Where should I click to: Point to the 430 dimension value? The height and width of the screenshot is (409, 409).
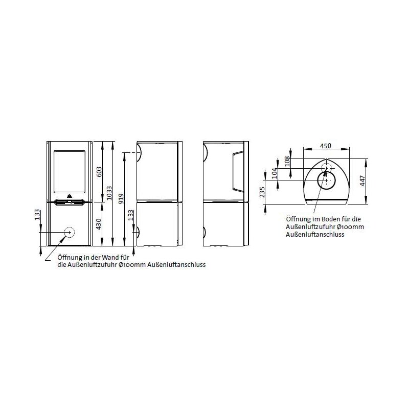pyautogui.click(x=99, y=223)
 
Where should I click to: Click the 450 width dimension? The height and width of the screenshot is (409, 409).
pyautogui.click(x=326, y=146)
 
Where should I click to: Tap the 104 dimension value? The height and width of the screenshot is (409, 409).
pyautogui.click(x=274, y=173)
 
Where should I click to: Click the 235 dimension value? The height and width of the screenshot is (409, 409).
pyautogui.click(x=262, y=192)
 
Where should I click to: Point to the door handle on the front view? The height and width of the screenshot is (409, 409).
pyautogui.click(x=70, y=201)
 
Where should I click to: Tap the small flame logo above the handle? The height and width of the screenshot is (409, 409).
pyautogui.click(x=70, y=196)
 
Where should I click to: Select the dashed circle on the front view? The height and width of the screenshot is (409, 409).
pyautogui.click(x=68, y=233)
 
